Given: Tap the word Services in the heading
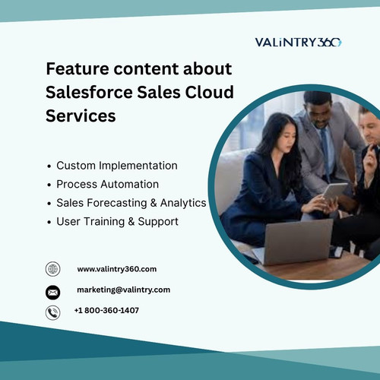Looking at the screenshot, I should [x=81, y=117].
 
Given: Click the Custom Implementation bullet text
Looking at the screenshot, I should [x=116, y=165].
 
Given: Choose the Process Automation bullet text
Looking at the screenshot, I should [x=107, y=184].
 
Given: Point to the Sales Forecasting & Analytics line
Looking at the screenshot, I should [x=131, y=203].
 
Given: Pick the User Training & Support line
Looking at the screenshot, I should [x=117, y=222].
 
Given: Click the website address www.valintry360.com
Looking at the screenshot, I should [x=116, y=269].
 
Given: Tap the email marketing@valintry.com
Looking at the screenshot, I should [x=123, y=290].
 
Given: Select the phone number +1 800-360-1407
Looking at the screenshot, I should [x=106, y=310].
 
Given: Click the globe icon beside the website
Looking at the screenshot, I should [x=52, y=269].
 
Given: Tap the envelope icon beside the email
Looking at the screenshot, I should [x=52, y=291].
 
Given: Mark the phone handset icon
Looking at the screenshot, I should [x=52, y=312].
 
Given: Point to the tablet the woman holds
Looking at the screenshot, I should [x=334, y=192].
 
